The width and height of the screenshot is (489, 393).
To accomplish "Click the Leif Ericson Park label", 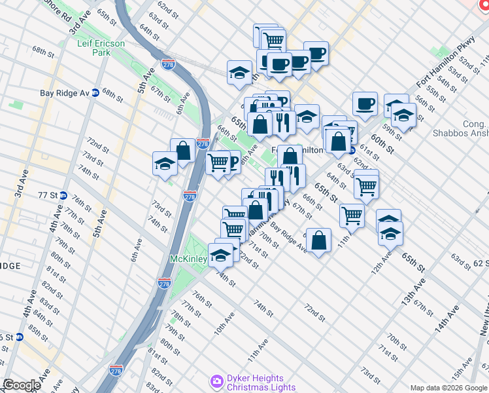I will [x=100, y=47].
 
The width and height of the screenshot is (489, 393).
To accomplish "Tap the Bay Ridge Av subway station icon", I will [x=95, y=93].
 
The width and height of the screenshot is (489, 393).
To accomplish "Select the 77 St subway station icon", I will [x=63, y=195].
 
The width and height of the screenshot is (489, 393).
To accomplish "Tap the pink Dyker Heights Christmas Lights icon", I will [x=216, y=381].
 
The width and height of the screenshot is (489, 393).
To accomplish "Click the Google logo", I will [x=22, y=385].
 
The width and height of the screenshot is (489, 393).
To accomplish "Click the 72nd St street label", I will [x=314, y=312].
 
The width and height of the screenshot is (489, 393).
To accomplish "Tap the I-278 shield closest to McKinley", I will [x=164, y=283].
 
